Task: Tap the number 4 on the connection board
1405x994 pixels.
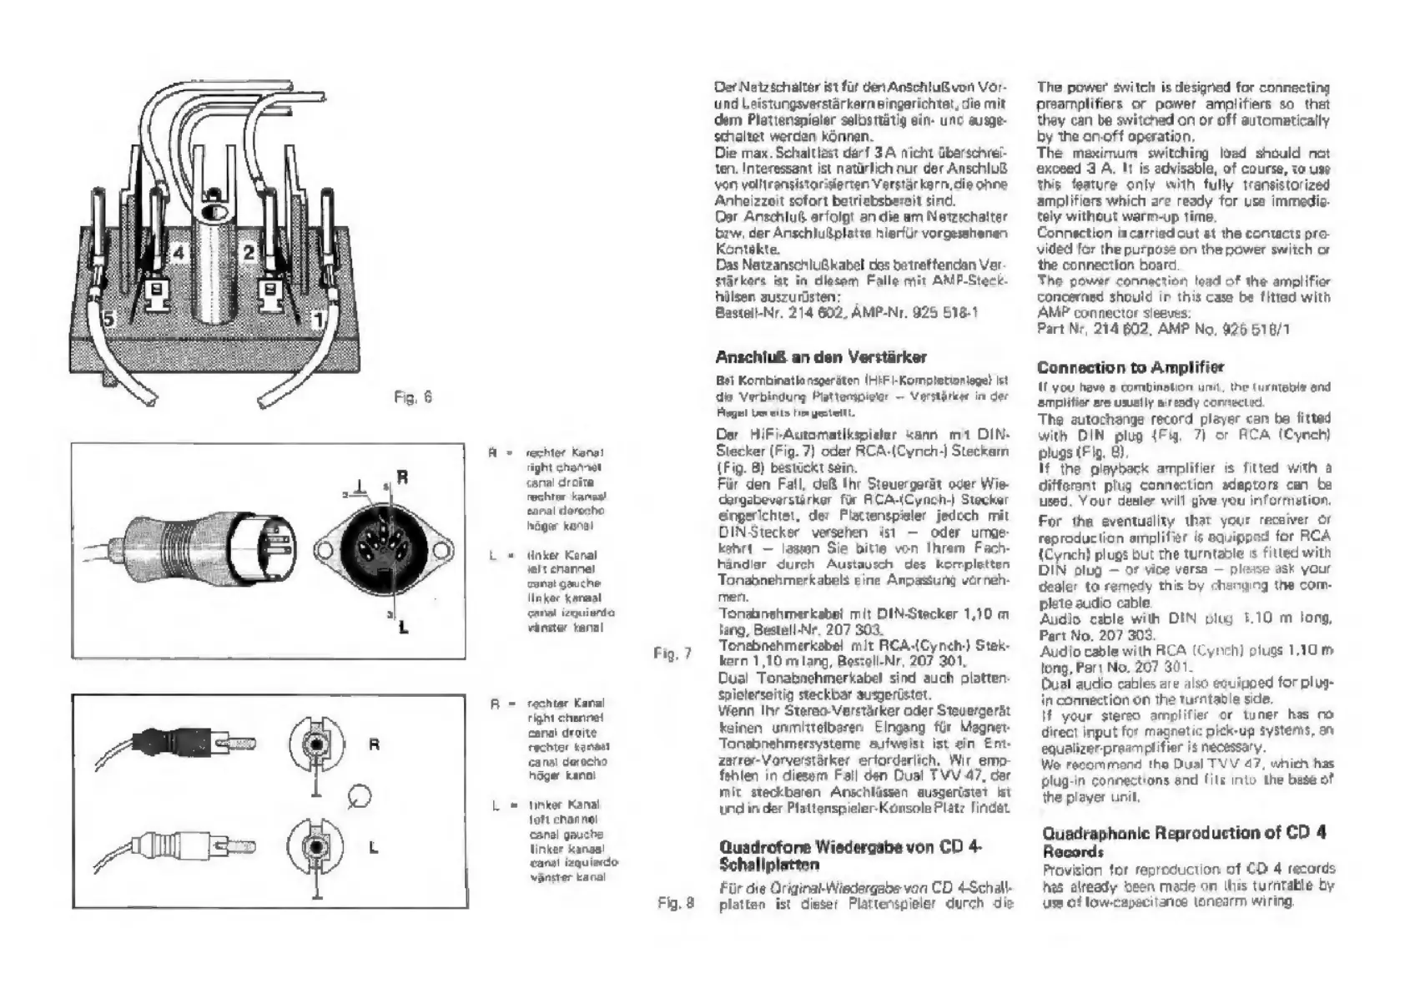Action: coord(180,251)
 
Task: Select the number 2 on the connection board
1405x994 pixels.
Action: coord(249,251)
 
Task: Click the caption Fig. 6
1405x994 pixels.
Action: coord(412,397)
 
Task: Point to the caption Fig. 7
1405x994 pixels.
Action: coord(672,653)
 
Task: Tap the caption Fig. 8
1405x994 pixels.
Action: coord(676,902)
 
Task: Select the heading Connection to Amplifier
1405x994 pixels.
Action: coord(1131,367)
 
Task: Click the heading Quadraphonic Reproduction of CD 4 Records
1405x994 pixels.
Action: coord(1185,841)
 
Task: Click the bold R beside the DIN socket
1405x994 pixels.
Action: coord(402,478)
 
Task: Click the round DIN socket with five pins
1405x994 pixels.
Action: coord(385,550)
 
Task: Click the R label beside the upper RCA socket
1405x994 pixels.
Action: coord(374,744)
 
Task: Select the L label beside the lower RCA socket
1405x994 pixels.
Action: coord(373,847)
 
